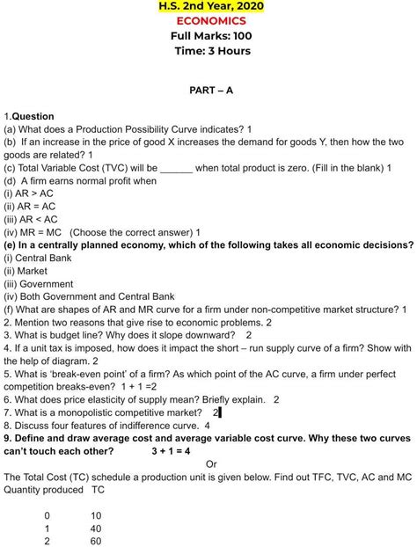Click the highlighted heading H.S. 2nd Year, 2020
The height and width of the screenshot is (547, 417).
[210, 7]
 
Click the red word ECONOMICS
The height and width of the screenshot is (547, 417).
[210, 21]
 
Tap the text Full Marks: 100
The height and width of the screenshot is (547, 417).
[210, 36]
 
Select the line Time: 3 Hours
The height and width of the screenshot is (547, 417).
[212, 51]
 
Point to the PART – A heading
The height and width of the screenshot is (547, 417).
[211, 91]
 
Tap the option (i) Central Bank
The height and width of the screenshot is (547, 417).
[38, 259]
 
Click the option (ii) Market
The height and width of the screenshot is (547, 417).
[26, 271]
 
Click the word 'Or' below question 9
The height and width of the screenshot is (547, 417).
[211, 463]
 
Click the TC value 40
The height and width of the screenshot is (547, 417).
[96, 529]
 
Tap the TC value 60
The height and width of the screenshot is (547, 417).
[96, 542]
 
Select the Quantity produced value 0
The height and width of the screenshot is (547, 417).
[48, 515]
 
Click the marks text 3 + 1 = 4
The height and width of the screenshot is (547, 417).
[171, 451]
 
